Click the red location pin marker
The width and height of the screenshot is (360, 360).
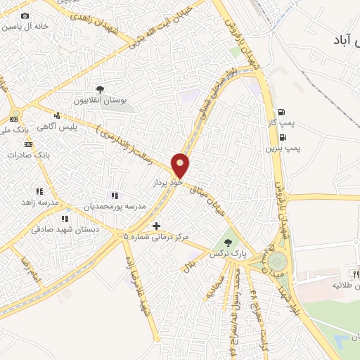181,165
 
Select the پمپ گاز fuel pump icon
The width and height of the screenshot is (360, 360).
282,112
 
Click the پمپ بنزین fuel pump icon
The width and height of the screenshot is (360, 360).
282,138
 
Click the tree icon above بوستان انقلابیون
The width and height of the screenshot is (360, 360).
101,90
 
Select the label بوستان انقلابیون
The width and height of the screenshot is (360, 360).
103,101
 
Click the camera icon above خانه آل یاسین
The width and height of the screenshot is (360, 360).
25,15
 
